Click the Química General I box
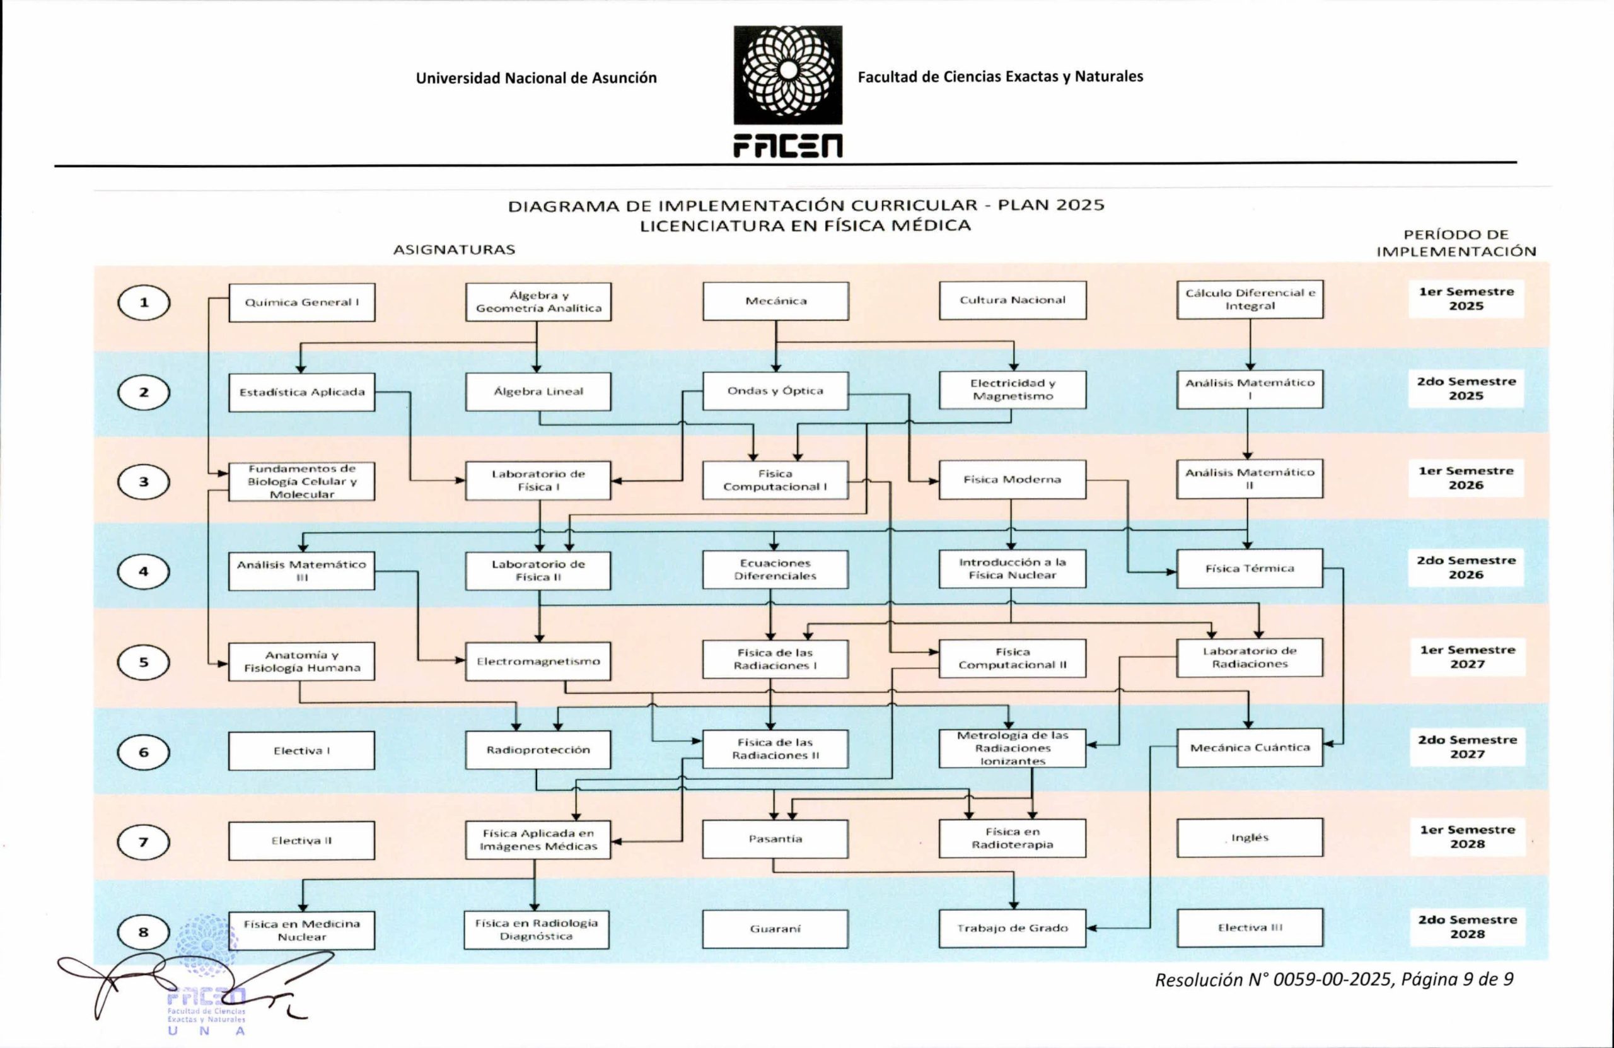[x=302, y=303]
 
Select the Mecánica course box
[x=776, y=301]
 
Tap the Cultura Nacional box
[x=1013, y=301]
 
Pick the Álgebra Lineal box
[x=538, y=392]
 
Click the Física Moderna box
[x=1012, y=480]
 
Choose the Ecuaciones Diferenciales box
[x=775, y=570]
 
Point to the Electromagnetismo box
[x=538, y=661]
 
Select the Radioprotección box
[x=538, y=750]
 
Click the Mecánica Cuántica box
[x=1250, y=747]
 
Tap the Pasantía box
[x=775, y=839]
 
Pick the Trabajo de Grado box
[x=1012, y=928]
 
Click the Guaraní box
[x=775, y=929]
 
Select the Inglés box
[x=1250, y=838]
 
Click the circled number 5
[x=143, y=662]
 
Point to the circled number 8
[x=143, y=932]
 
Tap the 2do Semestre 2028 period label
[x=1468, y=926]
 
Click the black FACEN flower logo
[x=788, y=75]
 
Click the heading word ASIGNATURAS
[x=455, y=250]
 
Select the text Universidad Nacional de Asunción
[x=537, y=78]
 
